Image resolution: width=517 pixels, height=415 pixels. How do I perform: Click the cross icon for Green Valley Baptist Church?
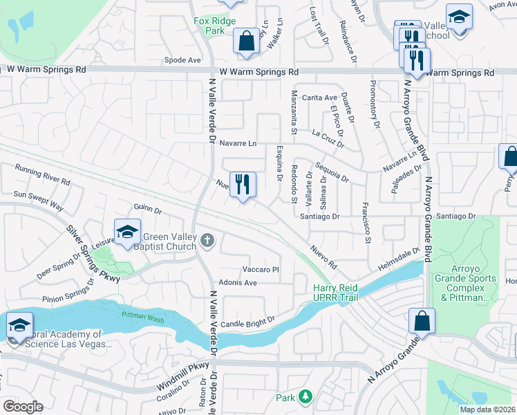click(x=207, y=241)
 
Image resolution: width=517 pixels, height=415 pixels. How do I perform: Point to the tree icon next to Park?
click(x=305, y=397)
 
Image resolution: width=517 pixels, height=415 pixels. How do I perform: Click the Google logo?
click(x=23, y=407)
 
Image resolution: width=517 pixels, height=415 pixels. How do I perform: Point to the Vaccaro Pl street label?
click(x=260, y=269)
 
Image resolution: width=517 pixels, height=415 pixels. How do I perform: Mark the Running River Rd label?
click(x=43, y=176)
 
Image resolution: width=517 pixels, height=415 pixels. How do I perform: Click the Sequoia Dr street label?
click(x=332, y=172)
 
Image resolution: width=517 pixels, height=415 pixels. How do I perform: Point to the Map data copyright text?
click(x=487, y=409)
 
